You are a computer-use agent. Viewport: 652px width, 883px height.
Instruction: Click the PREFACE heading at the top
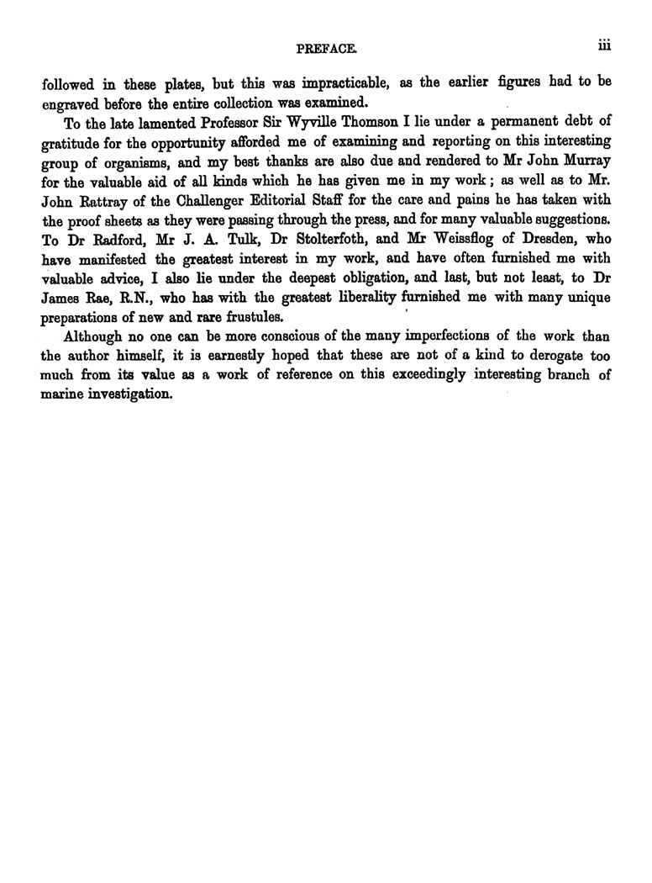coord(318,50)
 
